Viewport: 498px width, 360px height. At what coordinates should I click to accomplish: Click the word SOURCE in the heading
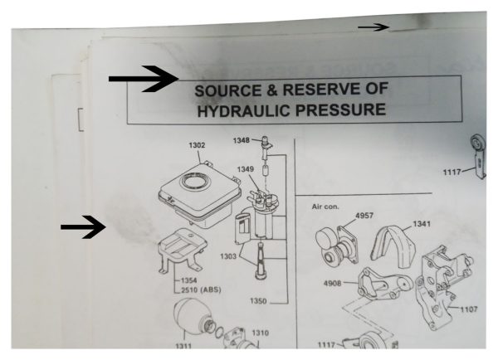[x=228, y=90]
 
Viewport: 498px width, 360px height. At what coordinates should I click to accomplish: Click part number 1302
[x=197, y=145]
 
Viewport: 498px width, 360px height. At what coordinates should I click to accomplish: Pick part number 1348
[x=242, y=140]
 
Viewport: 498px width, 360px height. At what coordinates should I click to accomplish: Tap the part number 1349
[x=246, y=169]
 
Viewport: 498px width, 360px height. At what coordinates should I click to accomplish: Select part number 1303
[x=228, y=255]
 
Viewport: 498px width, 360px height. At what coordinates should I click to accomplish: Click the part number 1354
[x=189, y=280]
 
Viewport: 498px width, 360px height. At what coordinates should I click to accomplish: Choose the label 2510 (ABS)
[x=201, y=289]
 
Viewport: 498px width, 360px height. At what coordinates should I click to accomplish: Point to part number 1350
[x=258, y=300]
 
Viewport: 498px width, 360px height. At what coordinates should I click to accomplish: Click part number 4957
[x=364, y=216]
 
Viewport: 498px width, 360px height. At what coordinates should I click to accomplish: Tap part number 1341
[x=422, y=224]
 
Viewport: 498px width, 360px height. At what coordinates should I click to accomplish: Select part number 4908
[x=333, y=283]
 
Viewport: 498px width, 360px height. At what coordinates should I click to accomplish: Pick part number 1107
[x=469, y=309]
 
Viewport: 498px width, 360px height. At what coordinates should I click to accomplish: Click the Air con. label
[x=325, y=207]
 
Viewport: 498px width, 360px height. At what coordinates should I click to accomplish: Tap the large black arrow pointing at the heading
[x=144, y=79]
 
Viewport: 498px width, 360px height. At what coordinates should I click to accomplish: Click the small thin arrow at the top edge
[x=373, y=27]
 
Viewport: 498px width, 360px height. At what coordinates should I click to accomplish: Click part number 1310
[x=261, y=333]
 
